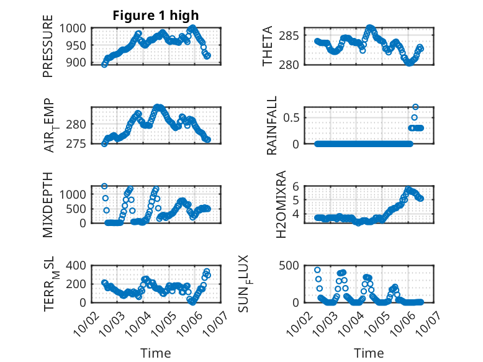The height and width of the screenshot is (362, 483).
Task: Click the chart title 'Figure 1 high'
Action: click(156, 16)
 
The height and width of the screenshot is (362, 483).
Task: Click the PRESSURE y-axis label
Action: click(48, 50)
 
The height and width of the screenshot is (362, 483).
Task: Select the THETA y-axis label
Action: click(268, 47)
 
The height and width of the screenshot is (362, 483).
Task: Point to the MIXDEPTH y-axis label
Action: click(48, 205)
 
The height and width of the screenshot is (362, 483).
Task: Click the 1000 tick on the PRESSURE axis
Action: click(77, 28)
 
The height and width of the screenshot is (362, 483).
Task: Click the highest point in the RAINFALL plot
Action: click(415, 107)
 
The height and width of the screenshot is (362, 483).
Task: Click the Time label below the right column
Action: click(369, 353)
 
